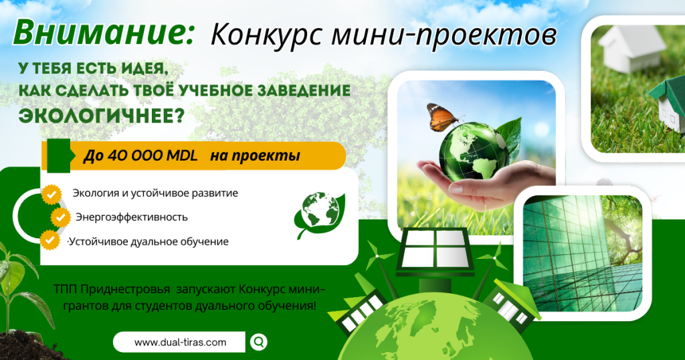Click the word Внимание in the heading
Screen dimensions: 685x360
coord(104,33)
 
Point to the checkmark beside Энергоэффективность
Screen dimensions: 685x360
coord(60,217)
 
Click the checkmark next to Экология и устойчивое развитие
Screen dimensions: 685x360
coord(52,194)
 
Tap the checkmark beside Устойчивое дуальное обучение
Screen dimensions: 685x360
coord(50,240)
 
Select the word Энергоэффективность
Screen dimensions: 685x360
coord(132,217)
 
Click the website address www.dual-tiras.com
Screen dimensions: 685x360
coord(180,342)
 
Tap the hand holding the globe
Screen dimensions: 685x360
coord(485,183)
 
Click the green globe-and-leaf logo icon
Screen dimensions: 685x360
coord(320,214)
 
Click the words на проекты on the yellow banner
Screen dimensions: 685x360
coord(255,156)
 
